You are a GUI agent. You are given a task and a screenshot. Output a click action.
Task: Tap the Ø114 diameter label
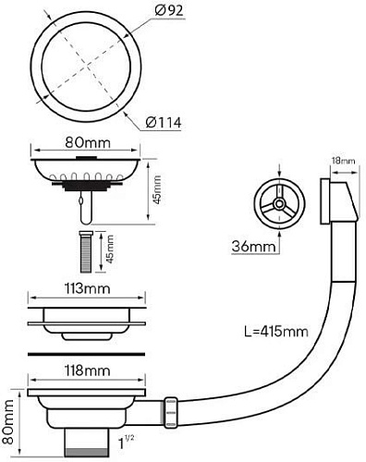pos(165,121)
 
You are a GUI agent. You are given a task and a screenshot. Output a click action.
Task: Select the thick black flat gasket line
pos(88,352)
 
